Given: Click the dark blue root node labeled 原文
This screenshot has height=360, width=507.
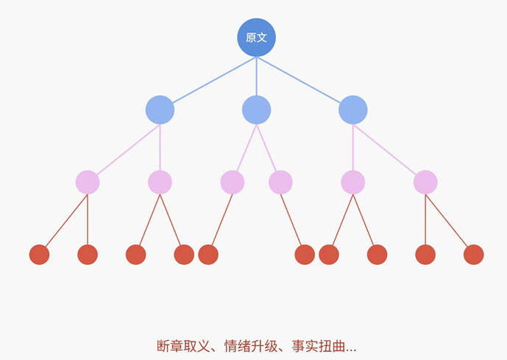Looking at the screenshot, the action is (x=256, y=38).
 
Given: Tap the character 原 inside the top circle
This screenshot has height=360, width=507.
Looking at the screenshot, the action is (x=251, y=38).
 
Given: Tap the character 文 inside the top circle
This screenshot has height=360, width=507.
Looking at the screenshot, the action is (x=262, y=38).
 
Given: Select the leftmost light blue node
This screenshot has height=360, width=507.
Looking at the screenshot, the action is (x=160, y=110).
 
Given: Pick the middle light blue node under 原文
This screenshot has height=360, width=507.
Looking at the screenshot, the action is (x=256, y=110).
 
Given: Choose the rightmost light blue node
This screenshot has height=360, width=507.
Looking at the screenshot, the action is (x=353, y=110).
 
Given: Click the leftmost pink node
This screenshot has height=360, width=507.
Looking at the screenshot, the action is (x=88, y=183).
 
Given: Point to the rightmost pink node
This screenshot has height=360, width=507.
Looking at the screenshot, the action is (x=425, y=183).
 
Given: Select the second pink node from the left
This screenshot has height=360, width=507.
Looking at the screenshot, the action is (x=160, y=183).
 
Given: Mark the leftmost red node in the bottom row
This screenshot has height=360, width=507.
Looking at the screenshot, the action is (x=40, y=255).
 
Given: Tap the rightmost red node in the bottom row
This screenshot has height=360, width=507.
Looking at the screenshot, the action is (x=474, y=255).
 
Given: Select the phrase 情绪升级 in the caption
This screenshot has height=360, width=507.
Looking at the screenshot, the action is (x=251, y=346).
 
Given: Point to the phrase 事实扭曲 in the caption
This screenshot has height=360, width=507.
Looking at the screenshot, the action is (x=319, y=346).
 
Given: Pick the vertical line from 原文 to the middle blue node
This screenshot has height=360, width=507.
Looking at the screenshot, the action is (x=256, y=77).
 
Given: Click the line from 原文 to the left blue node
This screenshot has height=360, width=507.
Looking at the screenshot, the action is (x=214, y=80).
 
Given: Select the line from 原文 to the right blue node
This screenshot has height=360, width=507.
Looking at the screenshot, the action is (x=299, y=80).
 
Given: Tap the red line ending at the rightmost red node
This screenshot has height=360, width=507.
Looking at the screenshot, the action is (x=447, y=221).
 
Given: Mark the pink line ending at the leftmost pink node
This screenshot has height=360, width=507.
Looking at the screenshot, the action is (x=128, y=149).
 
